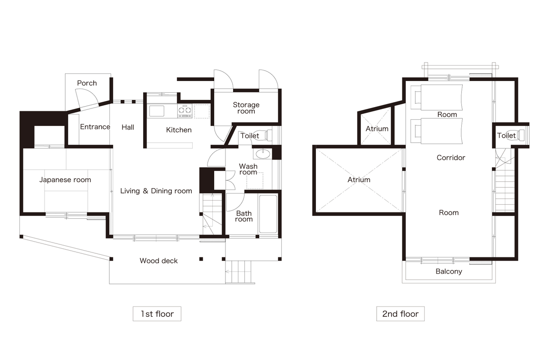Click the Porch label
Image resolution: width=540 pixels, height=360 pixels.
87,83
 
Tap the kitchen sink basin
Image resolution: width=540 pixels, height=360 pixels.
157,111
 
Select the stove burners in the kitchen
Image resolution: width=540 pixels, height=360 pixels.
185,111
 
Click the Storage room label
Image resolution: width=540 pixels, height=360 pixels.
246,108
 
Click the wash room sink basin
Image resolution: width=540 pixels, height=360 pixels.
263,154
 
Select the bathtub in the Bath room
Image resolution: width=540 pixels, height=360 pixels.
268,214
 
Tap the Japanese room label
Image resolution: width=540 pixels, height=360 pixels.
65,180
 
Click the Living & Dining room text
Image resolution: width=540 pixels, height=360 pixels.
156,191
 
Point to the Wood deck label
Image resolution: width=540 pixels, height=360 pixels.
158,261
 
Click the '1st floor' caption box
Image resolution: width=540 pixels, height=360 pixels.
157,314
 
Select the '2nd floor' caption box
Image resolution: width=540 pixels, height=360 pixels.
400,314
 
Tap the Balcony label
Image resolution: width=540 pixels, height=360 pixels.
449,271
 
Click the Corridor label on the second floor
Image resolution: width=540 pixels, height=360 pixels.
451,157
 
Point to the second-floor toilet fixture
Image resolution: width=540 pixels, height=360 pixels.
520,135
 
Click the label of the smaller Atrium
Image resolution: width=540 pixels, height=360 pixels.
377,129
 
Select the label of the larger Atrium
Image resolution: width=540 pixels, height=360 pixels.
359,180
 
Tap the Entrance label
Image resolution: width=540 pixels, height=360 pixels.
95,127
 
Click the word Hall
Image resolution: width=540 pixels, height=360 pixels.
128,127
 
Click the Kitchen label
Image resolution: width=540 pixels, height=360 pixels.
179,130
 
